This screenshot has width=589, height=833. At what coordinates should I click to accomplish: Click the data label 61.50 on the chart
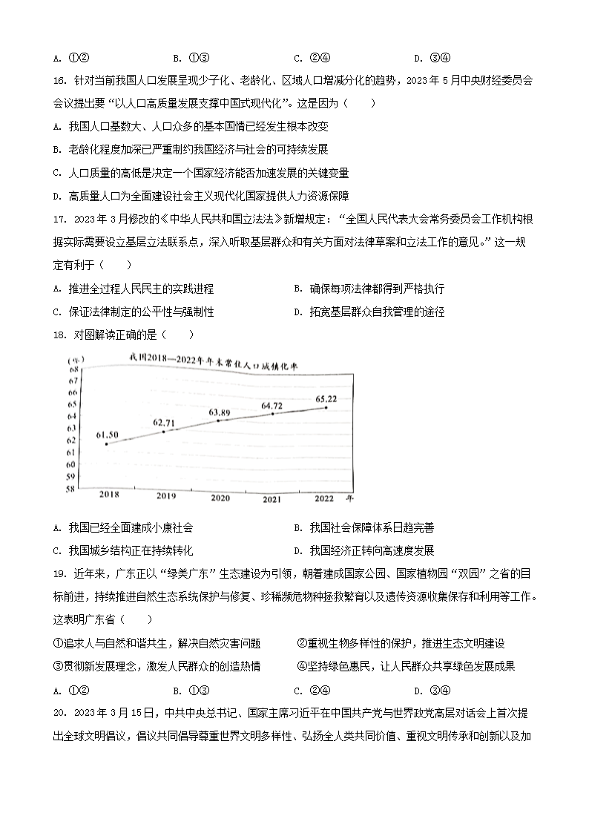point(108,434)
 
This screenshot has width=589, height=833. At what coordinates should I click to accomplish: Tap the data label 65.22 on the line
point(327,399)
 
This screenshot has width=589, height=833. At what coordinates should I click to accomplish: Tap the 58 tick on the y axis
point(70,490)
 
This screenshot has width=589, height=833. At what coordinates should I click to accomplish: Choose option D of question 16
point(197,196)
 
